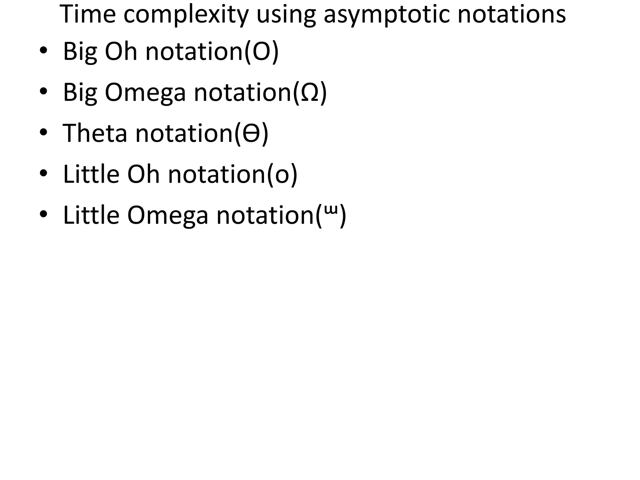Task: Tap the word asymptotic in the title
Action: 387,15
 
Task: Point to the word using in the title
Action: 286,15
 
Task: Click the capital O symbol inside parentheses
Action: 261,51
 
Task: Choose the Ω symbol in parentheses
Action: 309,92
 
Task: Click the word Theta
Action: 95,133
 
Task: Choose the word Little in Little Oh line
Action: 91,174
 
